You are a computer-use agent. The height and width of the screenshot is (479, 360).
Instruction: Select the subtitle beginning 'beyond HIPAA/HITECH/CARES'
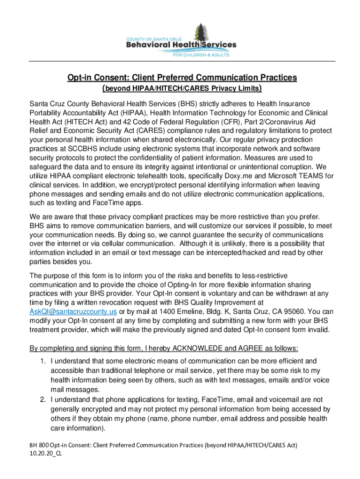[x=181, y=88]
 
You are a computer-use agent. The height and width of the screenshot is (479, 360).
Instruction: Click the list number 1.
[x=43, y=361]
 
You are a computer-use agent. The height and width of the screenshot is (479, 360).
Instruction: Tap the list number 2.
[x=43, y=399]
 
